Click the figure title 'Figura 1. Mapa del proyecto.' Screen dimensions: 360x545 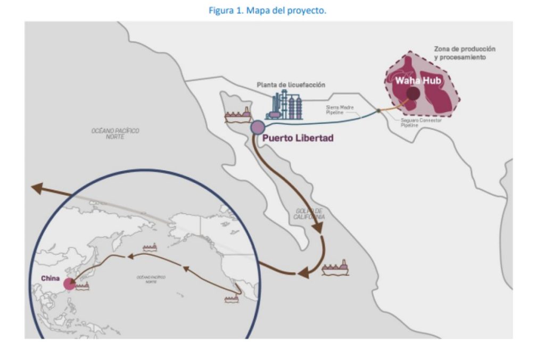click(272, 10)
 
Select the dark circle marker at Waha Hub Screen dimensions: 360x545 click(413, 94)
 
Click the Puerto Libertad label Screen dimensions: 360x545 click(298, 138)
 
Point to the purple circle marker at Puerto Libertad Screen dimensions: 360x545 click(258, 127)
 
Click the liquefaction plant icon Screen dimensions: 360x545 click(285, 105)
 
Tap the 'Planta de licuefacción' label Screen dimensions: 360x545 click(291, 85)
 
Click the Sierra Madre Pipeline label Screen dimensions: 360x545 click(340, 109)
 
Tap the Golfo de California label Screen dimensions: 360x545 click(310, 214)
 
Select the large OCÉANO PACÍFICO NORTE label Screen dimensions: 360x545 click(115, 133)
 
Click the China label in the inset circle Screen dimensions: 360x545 click(50, 278)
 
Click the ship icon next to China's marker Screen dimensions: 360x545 click(82, 286)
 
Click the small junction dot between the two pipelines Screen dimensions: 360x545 click(378, 111)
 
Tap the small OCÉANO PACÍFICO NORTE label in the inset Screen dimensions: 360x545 click(151, 279)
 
